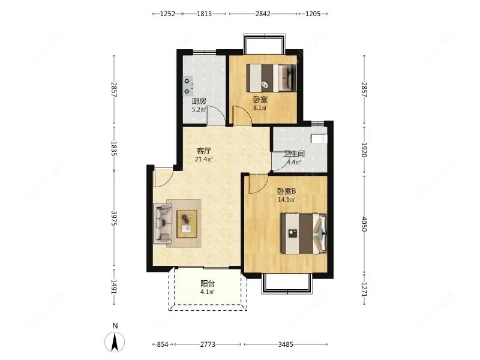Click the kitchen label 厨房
[x=199, y=101]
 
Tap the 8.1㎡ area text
[x=260, y=108]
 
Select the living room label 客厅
[x=204, y=151]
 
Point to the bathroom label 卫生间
[x=294, y=154]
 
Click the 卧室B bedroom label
[x=287, y=191]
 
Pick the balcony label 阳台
[x=208, y=284]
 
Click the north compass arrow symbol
[x=115, y=342]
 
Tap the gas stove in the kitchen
[x=188, y=86]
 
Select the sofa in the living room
[x=162, y=223]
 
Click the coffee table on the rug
[x=187, y=224]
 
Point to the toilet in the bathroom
[x=319, y=139]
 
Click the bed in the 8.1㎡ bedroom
[x=272, y=78]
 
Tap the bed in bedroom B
[x=304, y=233]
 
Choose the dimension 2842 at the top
[x=263, y=14]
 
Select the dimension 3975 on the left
[x=114, y=218]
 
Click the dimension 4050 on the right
[x=364, y=224]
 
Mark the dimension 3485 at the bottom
[x=286, y=344]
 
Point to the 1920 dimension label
[x=364, y=149]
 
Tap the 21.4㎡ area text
[x=204, y=159]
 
